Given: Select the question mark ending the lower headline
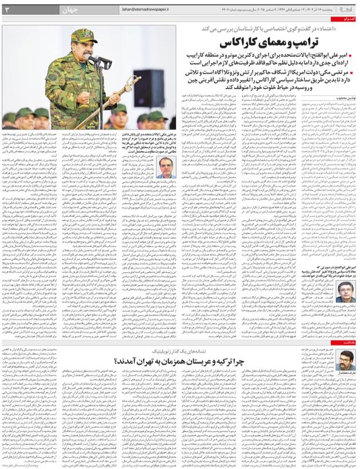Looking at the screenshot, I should tap(117, 361).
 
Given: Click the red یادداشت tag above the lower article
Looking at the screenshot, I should tap(349, 342).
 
